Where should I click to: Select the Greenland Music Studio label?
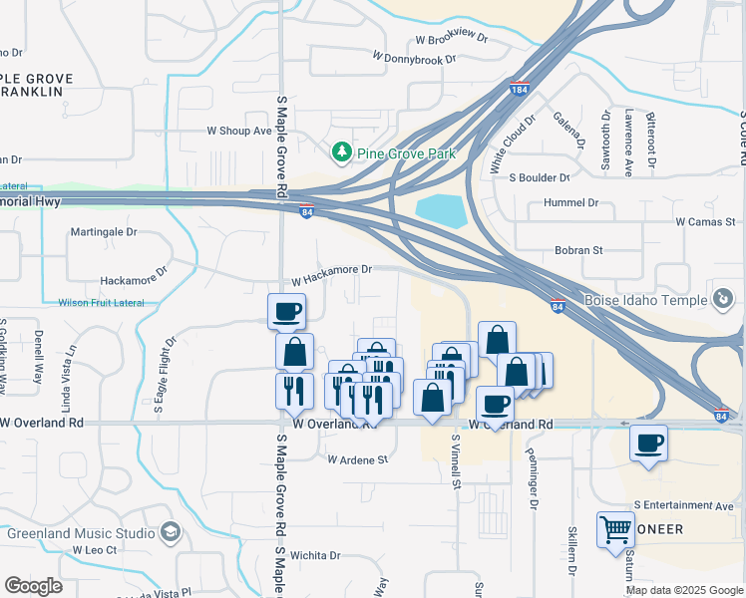[82, 533]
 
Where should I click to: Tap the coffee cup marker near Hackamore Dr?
[286, 311]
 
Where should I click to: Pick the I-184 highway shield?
[519, 88]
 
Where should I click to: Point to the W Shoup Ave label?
[238, 131]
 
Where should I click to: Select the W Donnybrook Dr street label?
[413, 59]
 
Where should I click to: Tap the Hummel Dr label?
[563, 202]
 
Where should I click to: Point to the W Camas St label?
[704, 221]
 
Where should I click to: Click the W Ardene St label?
[357, 459]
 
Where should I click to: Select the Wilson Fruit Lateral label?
[101, 303]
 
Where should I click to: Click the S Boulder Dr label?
[539, 177]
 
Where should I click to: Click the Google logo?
[34, 586]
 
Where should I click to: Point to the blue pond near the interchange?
[440, 210]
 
